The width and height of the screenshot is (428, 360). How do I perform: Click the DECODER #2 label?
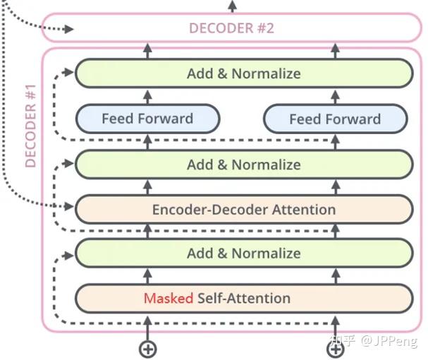click(x=231, y=28)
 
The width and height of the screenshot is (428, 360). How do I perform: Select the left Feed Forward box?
click(x=147, y=119)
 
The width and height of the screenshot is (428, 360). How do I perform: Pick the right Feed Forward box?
click(x=336, y=119)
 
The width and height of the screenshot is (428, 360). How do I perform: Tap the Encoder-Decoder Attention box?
click(x=244, y=210)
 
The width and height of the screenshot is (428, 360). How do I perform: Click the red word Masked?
click(x=169, y=298)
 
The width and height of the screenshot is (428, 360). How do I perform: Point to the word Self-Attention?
click(x=244, y=298)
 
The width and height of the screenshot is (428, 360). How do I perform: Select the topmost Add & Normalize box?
click(x=244, y=73)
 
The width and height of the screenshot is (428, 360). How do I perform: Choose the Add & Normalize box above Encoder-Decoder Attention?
click(x=244, y=164)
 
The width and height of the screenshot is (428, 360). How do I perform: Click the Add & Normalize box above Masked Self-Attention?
click(x=244, y=253)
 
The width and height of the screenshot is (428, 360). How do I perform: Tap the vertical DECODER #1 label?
click(x=30, y=126)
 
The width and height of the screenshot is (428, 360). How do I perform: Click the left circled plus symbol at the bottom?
click(x=147, y=349)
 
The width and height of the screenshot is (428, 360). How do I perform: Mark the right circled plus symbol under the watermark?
click(x=336, y=349)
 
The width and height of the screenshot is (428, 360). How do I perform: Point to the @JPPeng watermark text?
click(x=389, y=341)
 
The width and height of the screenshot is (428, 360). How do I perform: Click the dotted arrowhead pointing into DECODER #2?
click(x=69, y=29)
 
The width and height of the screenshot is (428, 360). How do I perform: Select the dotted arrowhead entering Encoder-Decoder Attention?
click(x=69, y=206)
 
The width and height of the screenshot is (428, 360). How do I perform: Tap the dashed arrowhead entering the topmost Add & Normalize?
click(x=68, y=72)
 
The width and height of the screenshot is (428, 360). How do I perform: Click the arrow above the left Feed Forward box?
click(x=147, y=97)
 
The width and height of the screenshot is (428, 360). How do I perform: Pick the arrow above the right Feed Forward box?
click(x=336, y=97)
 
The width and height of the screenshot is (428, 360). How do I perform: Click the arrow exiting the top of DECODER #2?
click(x=232, y=6)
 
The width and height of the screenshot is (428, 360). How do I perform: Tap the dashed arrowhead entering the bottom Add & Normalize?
click(x=68, y=256)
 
